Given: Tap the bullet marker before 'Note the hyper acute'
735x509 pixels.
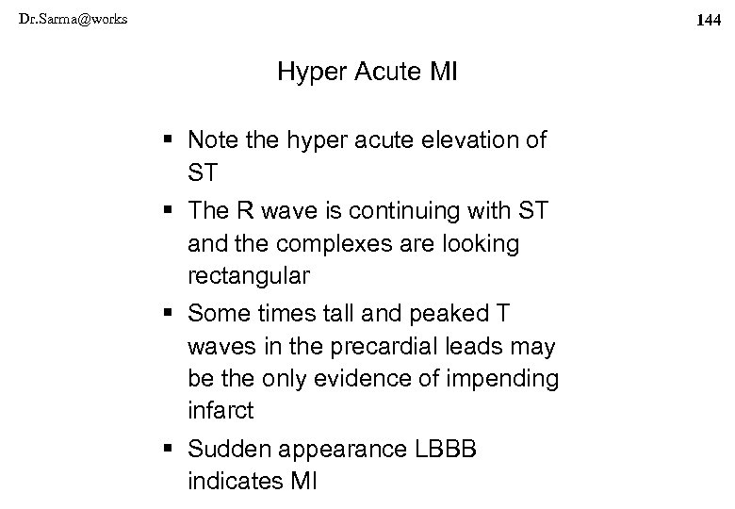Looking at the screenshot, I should pyautogui.click(x=169, y=140).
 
